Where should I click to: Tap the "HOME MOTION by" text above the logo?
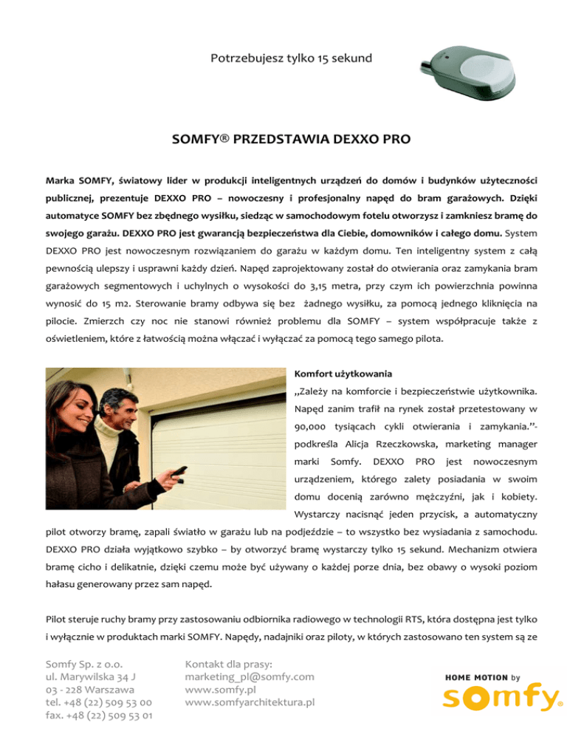(482, 676)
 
